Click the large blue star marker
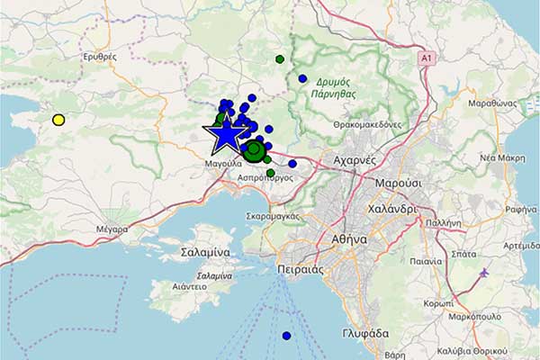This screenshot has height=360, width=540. tap(226, 134)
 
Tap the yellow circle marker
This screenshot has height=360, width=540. tap(58, 120)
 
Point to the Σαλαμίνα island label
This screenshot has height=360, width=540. tap(205, 252)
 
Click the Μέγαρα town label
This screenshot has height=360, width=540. tap(112, 229)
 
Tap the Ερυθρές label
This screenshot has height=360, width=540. tap(100, 56)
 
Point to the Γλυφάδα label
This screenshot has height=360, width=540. tap(365, 333)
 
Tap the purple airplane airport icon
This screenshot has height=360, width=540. tap(484, 272)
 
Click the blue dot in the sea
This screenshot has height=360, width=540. tap(286, 336)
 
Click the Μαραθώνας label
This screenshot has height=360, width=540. tap(492, 103)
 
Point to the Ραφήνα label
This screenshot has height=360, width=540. tap(521, 210)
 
